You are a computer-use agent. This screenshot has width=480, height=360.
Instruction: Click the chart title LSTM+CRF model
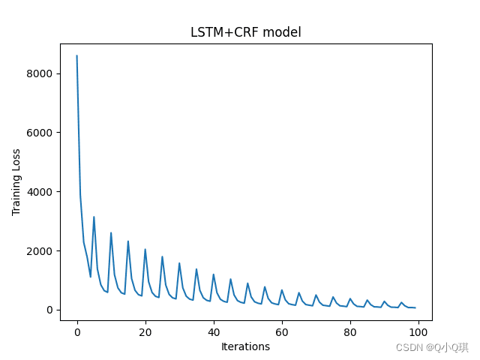(x=246, y=32)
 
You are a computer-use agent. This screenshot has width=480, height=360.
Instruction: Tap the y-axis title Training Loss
(x=16, y=182)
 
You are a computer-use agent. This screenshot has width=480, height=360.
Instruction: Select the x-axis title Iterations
(x=245, y=346)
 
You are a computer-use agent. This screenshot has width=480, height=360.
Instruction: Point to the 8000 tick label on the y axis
(x=38, y=73)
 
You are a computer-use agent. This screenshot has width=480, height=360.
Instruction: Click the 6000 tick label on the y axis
(x=38, y=133)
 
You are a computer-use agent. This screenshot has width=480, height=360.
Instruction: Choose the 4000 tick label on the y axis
(x=38, y=192)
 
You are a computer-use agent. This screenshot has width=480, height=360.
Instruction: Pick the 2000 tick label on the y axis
(x=38, y=250)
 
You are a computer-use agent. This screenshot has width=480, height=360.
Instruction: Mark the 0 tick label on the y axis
(x=49, y=310)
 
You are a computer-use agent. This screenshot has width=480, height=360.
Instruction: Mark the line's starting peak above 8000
(x=77, y=55)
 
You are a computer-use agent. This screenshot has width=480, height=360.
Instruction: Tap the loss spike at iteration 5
(x=94, y=217)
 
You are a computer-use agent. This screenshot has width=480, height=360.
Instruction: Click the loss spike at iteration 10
(x=111, y=232)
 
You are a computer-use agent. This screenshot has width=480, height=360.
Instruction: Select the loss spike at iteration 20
(x=145, y=249)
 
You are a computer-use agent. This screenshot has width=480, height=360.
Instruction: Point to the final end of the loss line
(x=415, y=307)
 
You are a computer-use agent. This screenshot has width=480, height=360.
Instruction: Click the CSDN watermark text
(x=432, y=347)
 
